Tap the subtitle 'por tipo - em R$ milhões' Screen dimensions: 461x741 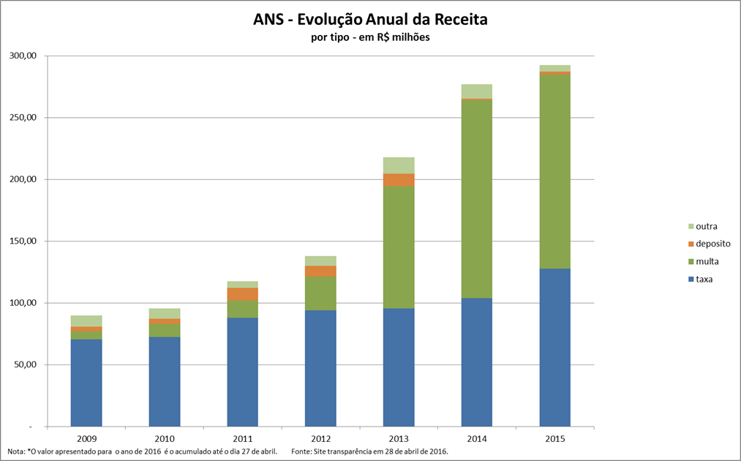pos(369,38)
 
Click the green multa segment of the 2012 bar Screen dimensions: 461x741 pos(320,293)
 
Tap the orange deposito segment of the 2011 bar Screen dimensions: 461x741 pos(242,294)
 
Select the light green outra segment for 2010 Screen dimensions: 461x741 pos(165,313)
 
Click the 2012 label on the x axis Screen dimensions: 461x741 pos(320,438)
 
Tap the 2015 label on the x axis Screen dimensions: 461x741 pos(554,438)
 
